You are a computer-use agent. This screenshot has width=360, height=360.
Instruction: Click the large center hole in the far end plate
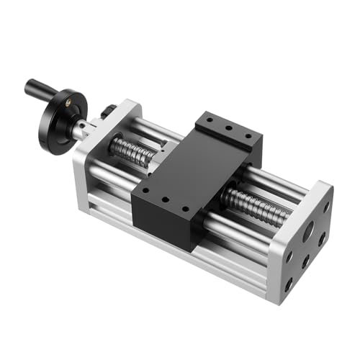coord(309,233)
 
